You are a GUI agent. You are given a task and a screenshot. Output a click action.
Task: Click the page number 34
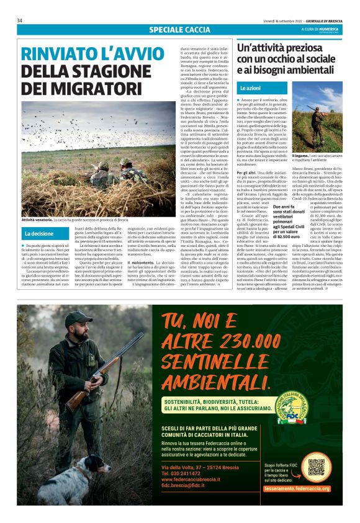pos(20,20)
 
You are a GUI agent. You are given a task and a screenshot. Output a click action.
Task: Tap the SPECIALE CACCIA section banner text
pos(180,30)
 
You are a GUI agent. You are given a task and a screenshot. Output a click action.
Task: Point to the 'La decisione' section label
pos(39,234)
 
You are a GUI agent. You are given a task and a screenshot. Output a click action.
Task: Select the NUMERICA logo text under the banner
pos(328,29)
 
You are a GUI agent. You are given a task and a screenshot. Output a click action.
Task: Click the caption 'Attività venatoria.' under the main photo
pos(37,220)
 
